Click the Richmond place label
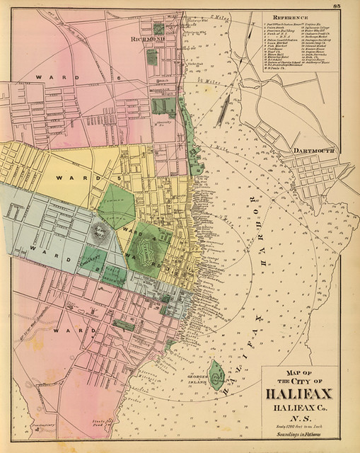tap(146, 41)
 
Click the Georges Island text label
tap(200, 371)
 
